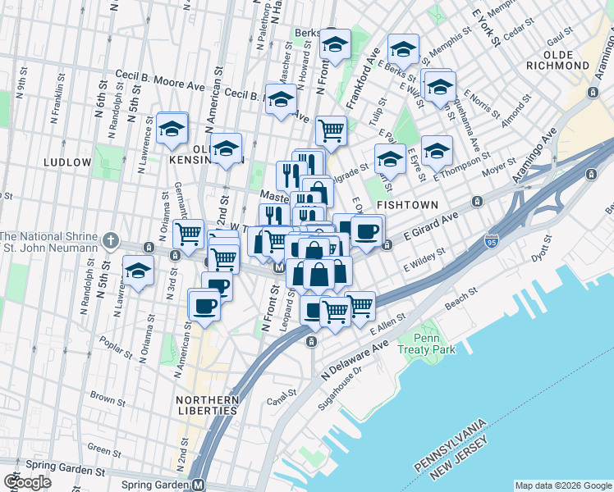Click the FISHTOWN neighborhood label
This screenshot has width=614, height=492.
(x=407, y=203)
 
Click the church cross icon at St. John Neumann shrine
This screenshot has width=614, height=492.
(x=111, y=241)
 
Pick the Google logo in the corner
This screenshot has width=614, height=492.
(x=27, y=482)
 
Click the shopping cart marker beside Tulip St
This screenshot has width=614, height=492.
(x=331, y=129)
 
